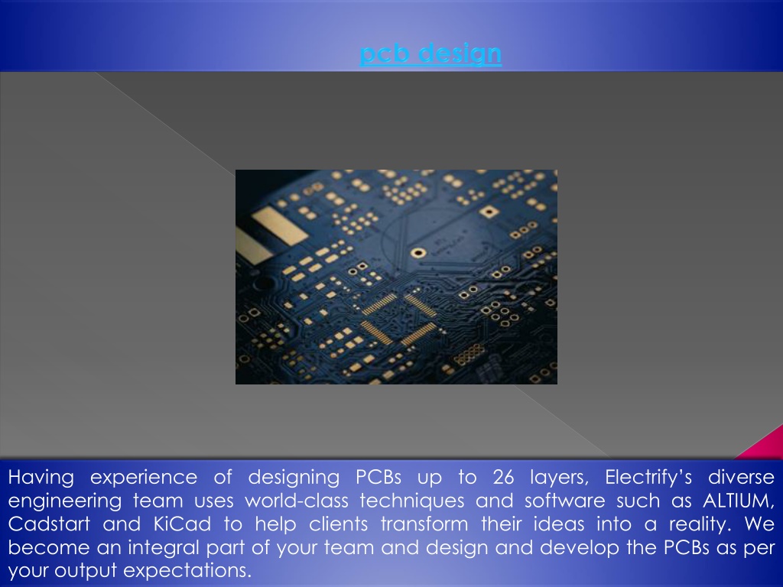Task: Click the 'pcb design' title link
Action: (430, 53)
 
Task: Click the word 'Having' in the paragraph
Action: (41, 478)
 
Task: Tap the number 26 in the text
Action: (503, 477)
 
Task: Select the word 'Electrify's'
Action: (648, 478)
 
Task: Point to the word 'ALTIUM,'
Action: (739, 501)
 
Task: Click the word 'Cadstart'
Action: (49, 524)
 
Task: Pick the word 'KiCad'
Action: (182, 524)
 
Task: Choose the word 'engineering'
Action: (65, 501)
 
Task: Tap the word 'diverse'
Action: (742, 477)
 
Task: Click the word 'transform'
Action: (424, 524)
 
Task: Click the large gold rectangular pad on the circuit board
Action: (279, 225)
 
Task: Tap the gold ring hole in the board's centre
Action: (418, 253)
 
